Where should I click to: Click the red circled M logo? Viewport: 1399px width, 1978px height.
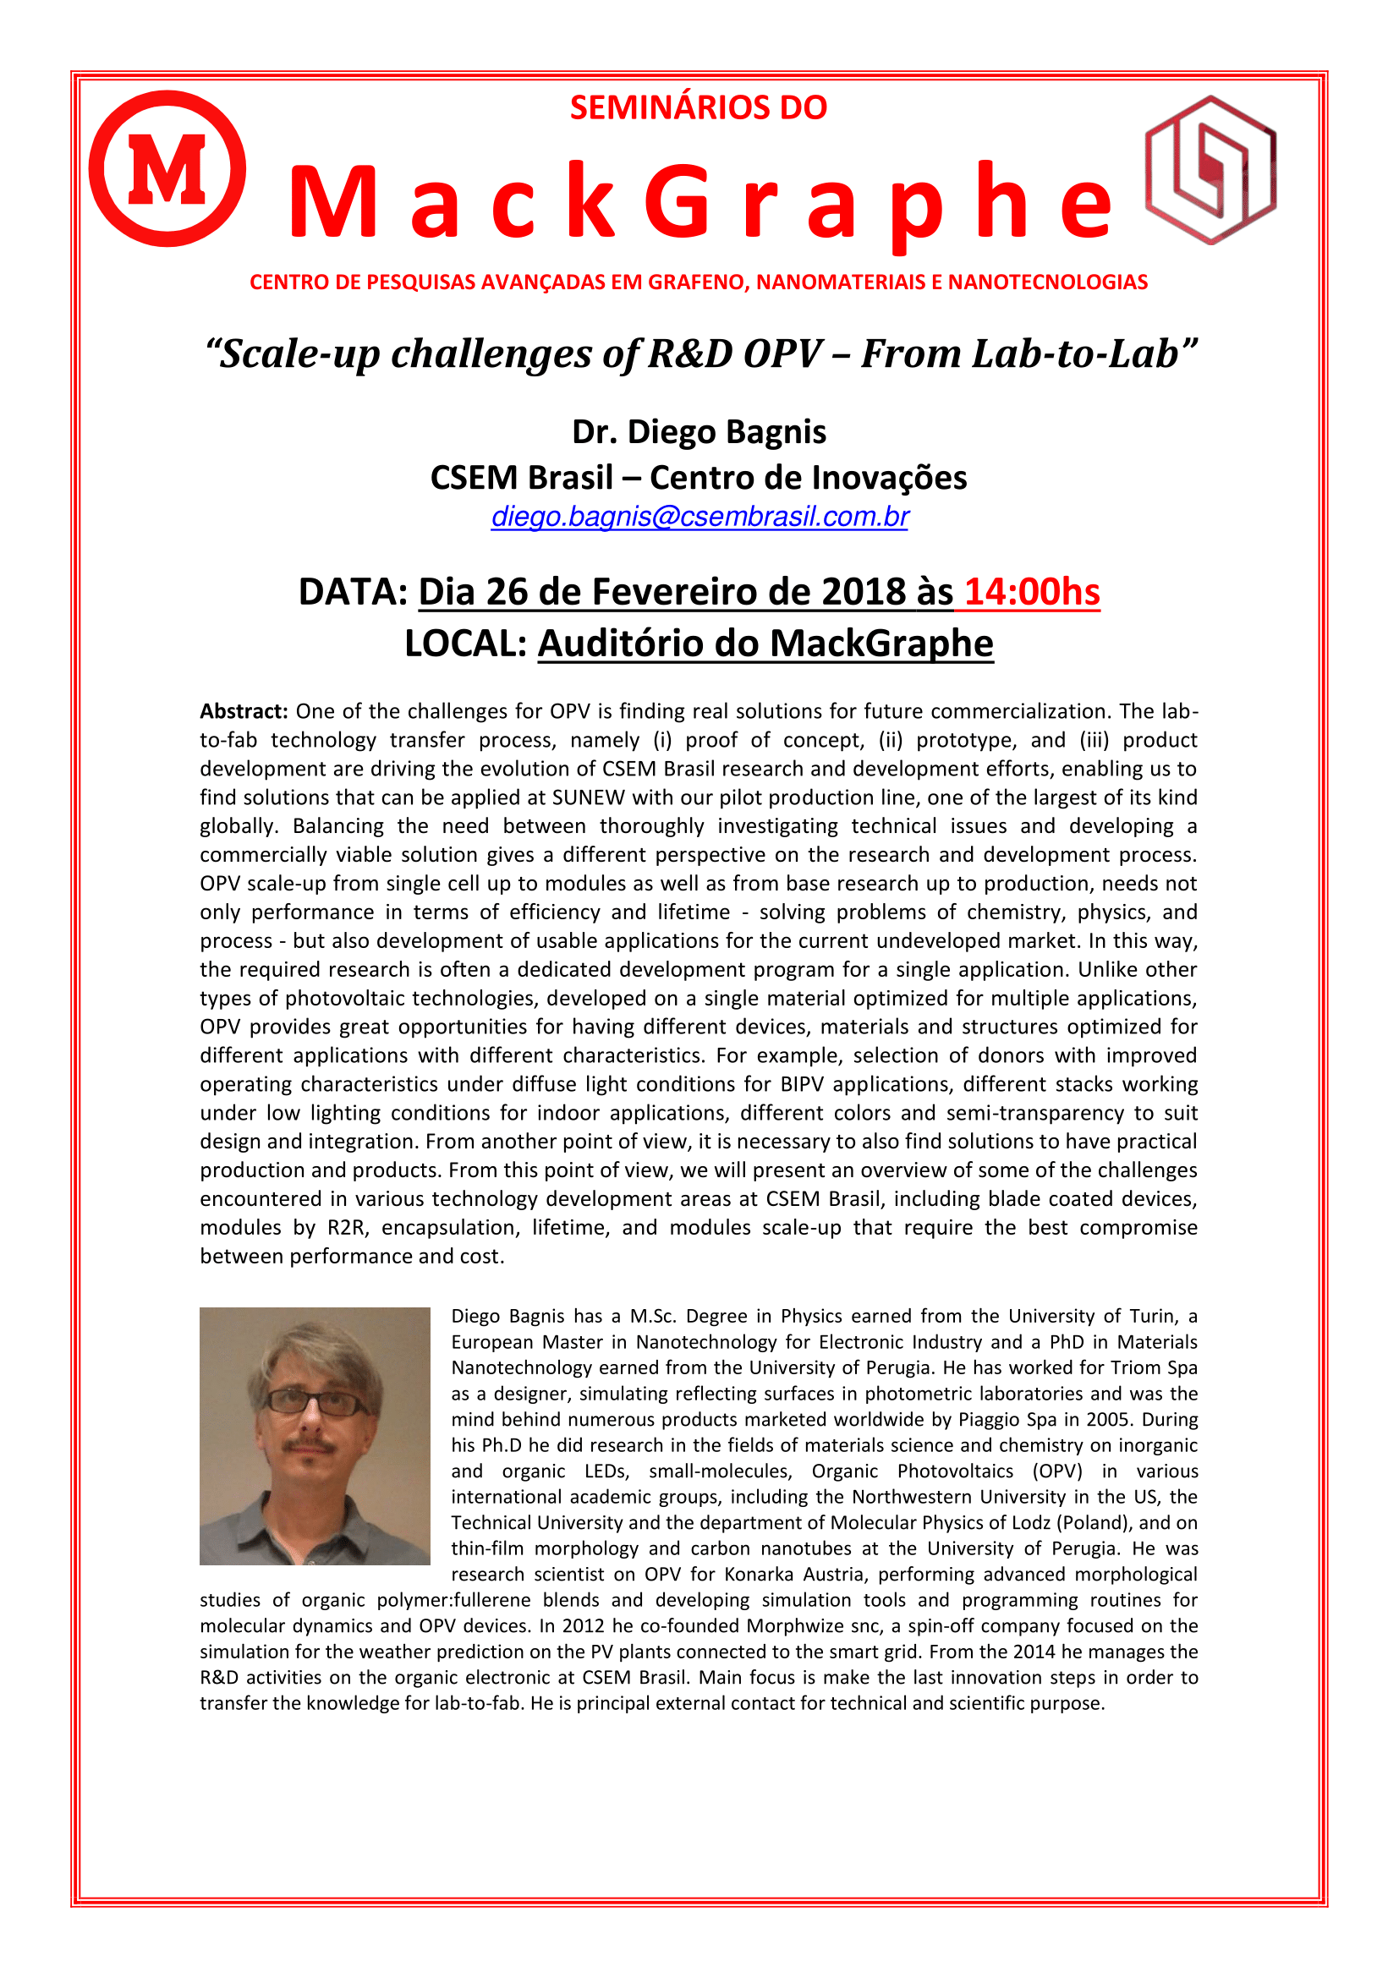(167, 169)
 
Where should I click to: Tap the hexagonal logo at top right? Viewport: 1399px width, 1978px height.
(1210, 170)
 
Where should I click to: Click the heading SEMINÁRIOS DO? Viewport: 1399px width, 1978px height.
(699, 107)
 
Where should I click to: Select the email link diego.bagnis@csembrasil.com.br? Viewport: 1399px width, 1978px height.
(699, 516)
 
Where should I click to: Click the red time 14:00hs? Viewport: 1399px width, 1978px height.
(1031, 592)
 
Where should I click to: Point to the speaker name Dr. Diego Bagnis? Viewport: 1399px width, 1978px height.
(699, 431)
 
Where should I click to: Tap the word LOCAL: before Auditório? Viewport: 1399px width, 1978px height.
(465, 644)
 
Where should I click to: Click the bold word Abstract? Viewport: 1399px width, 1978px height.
(244, 710)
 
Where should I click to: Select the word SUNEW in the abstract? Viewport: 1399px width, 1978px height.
(589, 797)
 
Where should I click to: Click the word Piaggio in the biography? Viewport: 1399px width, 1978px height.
(992, 1419)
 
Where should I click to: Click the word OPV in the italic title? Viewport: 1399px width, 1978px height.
(782, 354)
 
